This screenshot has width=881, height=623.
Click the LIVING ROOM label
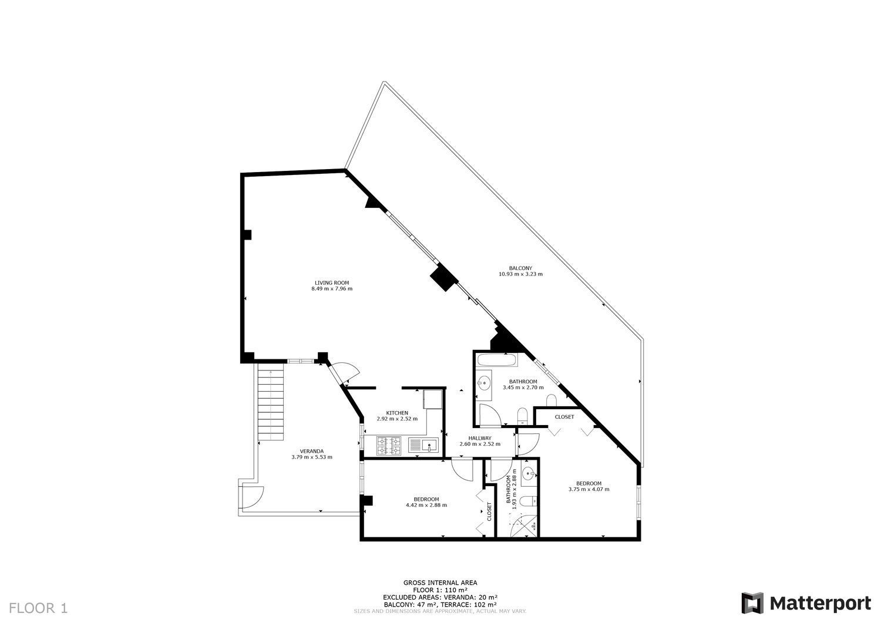click(x=332, y=283)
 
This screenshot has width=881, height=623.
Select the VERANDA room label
click(x=312, y=451)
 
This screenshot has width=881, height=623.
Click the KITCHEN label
click(x=397, y=413)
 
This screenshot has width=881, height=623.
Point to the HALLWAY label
click(x=480, y=438)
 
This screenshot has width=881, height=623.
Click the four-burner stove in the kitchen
click(x=389, y=446)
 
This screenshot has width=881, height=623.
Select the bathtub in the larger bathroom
click(x=496, y=360)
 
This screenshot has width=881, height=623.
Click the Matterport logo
click(x=806, y=603)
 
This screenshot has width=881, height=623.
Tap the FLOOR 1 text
click(x=38, y=608)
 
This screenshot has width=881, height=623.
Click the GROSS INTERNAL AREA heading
click(x=440, y=583)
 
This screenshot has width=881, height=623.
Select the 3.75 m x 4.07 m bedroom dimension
click(x=589, y=489)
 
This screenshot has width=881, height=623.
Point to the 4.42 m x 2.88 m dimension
click(x=426, y=505)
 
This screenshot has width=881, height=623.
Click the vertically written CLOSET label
click(x=489, y=511)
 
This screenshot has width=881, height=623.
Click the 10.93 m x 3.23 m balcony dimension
click(x=521, y=274)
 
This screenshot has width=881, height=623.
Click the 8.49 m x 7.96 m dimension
click(x=332, y=289)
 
